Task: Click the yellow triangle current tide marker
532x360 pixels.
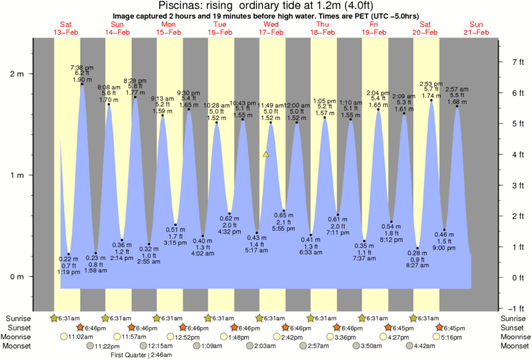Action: (266, 154)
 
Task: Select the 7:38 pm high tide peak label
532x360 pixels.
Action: (82, 68)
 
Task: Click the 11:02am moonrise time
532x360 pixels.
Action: (81, 337)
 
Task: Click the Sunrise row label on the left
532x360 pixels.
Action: (18, 318)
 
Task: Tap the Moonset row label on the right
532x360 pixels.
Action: (513, 346)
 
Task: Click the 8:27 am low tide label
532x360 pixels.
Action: (418, 265)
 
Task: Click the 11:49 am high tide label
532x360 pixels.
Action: (270, 105)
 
